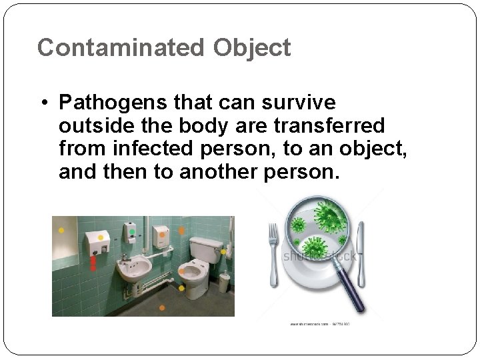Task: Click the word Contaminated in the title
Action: (x=121, y=48)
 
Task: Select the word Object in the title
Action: (x=252, y=48)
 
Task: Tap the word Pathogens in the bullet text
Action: (x=113, y=103)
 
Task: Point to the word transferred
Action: (x=343, y=126)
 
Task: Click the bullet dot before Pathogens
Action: (x=43, y=104)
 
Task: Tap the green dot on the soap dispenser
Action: (x=132, y=232)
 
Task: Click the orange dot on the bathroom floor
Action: (x=162, y=307)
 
